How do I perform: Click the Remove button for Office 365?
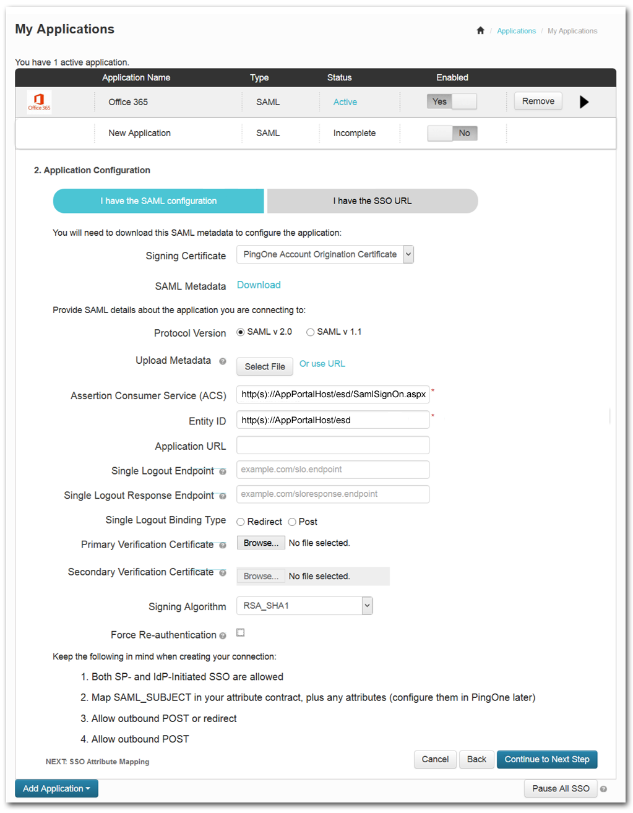[538, 101]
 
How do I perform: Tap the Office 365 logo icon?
[39, 101]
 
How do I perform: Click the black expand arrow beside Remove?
[583, 102]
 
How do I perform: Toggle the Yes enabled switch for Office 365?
[452, 101]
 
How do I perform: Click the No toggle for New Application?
[452, 133]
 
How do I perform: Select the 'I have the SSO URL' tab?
[372, 201]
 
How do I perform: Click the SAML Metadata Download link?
[259, 285]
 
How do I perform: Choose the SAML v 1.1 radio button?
[311, 332]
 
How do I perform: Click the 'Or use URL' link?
[322, 364]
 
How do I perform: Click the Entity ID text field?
[332, 420]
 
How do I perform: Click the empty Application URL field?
[332, 445]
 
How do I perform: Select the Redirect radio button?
[241, 522]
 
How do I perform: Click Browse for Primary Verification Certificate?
[261, 543]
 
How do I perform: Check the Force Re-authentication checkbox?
[241, 632]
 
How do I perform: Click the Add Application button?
[56, 788]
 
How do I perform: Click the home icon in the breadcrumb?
[480, 31]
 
